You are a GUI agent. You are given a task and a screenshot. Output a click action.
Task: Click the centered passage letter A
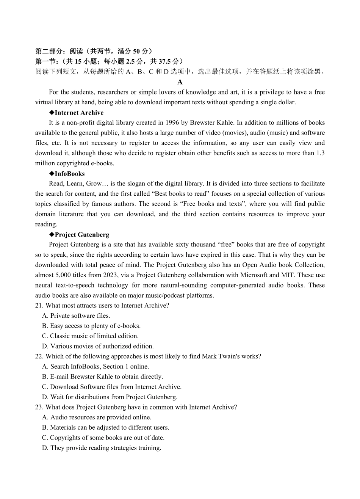tap(180, 82)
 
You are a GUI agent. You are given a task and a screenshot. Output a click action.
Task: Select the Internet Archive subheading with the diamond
tap(76, 113)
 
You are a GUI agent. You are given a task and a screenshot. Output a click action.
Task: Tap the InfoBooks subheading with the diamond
tap(67, 174)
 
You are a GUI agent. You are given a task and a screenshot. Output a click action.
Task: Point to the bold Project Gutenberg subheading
tap(79, 235)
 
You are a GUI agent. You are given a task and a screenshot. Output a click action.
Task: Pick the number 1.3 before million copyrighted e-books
tap(320, 153)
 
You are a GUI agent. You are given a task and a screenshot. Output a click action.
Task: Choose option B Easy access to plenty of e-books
tap(91, 326)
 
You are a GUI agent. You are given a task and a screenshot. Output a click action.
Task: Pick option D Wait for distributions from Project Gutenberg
tap(110, 397)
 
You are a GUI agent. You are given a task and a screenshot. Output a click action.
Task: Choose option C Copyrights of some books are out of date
tap(103, 438)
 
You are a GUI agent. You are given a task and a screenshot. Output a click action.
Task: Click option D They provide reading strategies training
tap(102, 448)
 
